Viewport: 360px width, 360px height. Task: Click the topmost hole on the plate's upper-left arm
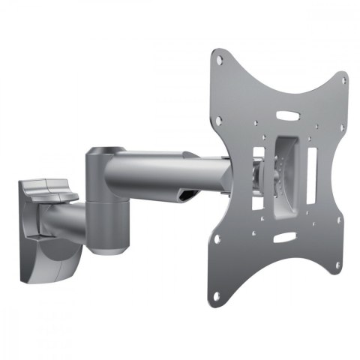click(217, 56)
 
